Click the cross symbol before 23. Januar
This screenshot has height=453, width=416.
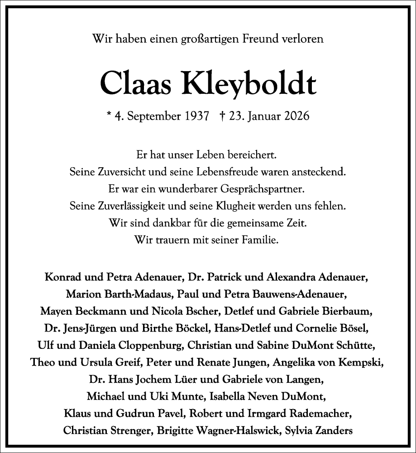(x=222, y=116)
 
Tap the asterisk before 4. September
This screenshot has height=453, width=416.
(x=109, y=116)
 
